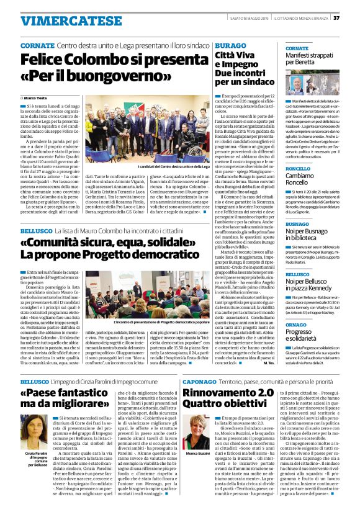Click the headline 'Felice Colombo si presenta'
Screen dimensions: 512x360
click(117, 60)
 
